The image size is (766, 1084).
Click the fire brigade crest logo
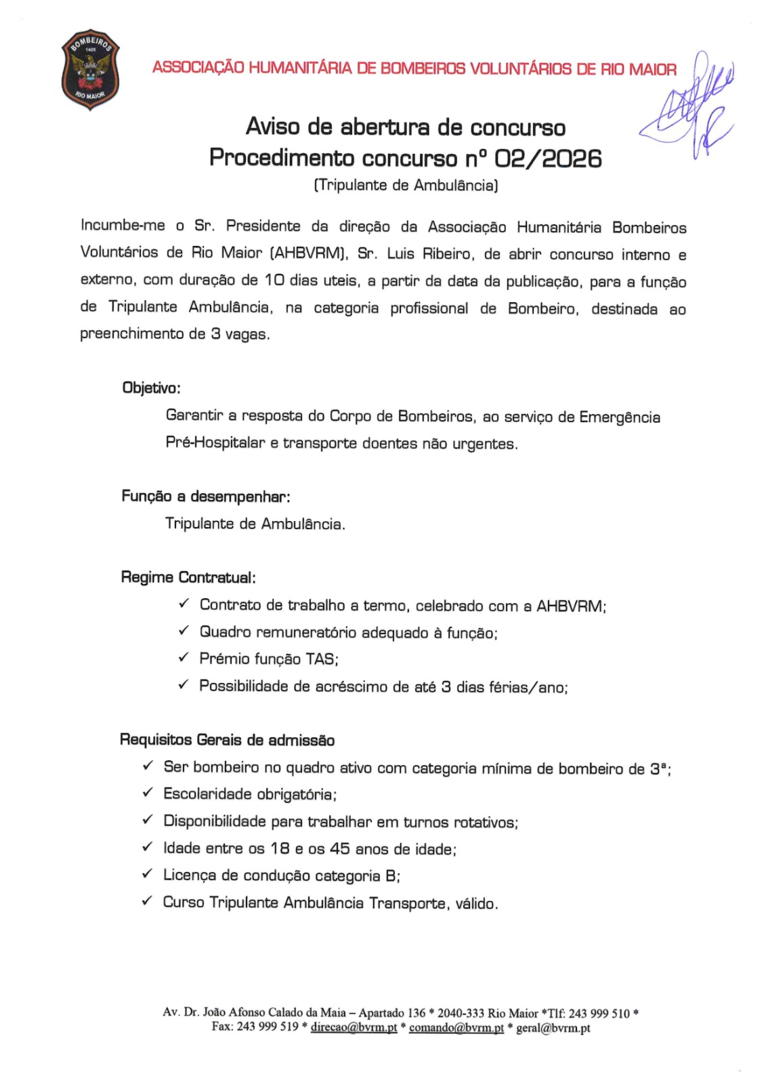click(90, 69)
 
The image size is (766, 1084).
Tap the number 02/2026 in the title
click(547, 158)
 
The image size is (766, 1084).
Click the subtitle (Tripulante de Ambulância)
click(406, 185)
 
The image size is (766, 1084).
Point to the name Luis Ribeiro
click(429, 253)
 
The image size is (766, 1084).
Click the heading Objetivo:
click(151, 388)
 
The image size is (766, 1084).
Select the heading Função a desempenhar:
click(205, 496)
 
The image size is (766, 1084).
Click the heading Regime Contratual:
click(188, 577)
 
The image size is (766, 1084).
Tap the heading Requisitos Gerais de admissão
click(227, 740)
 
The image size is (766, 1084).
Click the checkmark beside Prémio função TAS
click(183, 657)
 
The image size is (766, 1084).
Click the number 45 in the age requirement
click(340, 848)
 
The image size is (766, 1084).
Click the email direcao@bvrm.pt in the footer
click(354, 1027)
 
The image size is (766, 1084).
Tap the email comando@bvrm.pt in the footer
click(456, 1027)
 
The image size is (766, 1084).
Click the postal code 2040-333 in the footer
click(461, 1013)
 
